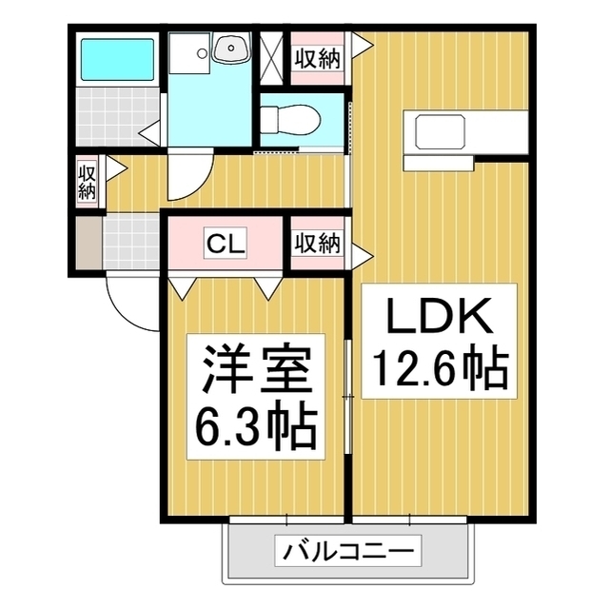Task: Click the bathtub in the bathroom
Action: point(117,59)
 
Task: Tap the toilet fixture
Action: point(290,121)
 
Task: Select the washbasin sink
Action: point(231,49)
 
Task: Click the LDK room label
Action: point(440,315)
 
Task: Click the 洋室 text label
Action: point(256,368)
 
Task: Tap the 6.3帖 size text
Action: point(256,429)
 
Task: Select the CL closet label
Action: point(226,244)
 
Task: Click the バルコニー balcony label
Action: point(348,551)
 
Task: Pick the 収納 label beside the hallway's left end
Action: point(87,182)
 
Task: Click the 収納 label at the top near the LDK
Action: point(318,59)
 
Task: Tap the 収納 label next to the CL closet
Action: point(318,244)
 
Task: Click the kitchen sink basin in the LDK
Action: point(440,132)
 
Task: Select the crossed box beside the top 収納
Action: point(271,57)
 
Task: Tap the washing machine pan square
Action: point(189,52)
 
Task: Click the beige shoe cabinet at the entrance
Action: point(88,243)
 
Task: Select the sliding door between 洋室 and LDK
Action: point(348,396)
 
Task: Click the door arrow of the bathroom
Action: point(150,133)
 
